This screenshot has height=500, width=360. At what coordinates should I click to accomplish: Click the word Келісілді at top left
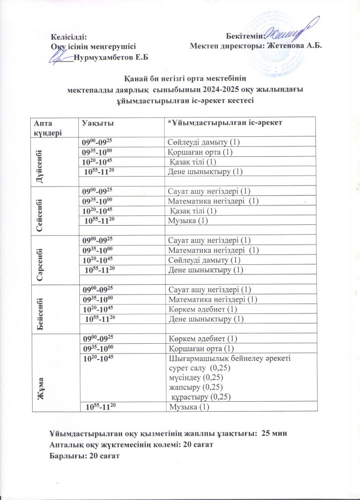pyautogui.click(x=69, y=37)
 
